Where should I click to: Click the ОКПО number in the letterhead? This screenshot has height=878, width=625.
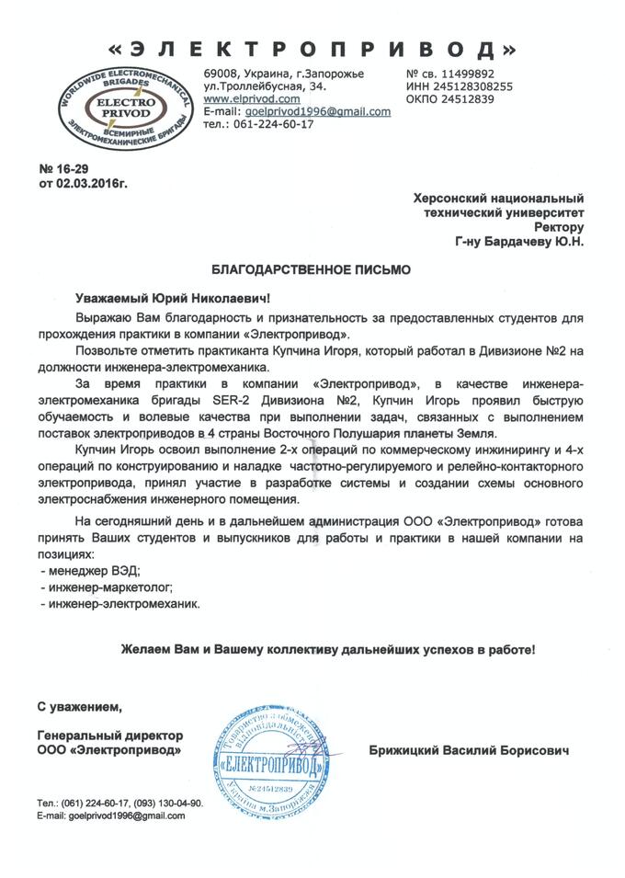click(467, 99)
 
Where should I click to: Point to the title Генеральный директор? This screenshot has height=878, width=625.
click(110, 735)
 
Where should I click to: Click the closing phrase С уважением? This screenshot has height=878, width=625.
click(79, 706)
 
